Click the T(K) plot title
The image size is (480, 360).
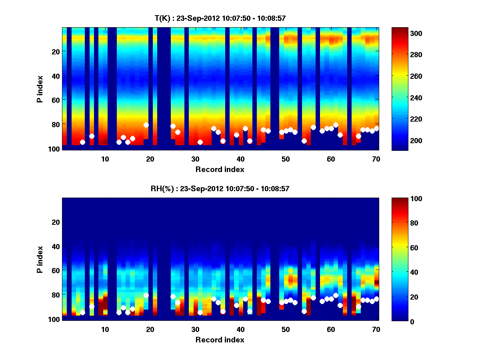click(220, 18)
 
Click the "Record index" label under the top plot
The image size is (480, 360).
click(220, 170)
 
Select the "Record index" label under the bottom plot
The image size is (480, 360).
click(220, 340)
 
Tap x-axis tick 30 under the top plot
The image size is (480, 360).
click(195, 159)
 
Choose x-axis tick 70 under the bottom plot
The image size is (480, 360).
click(376, 329)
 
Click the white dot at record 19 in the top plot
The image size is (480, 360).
click(146, 125)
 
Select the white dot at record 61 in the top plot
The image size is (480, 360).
click(336, 125)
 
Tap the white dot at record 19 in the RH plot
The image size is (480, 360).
click(146, 295)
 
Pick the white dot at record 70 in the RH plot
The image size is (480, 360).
click(376, 299)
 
